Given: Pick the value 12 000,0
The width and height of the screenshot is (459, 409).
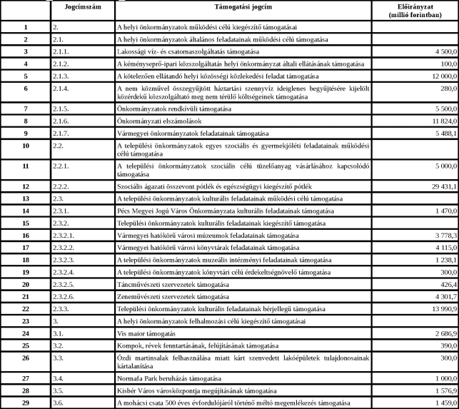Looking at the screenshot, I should (x=438, y=75).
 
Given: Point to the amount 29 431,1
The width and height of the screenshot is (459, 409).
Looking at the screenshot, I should (x=438, y=185).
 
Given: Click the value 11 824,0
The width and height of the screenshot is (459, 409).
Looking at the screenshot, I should (x=438, y=121).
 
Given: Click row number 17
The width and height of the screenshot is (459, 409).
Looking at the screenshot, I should (x=25, y=247).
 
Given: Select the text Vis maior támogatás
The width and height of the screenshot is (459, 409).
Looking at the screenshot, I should (x=146, y=333).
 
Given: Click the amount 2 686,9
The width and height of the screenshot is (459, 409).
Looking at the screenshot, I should (x=440, y=333).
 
